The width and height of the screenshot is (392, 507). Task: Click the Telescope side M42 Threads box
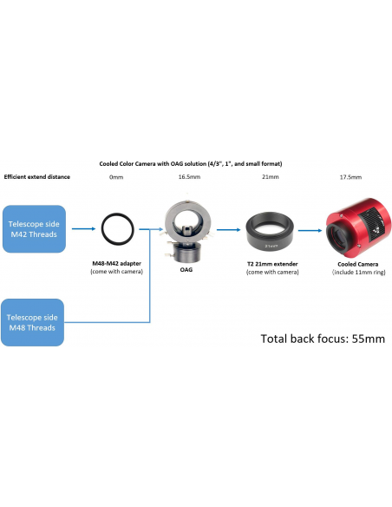[x=34, y=229]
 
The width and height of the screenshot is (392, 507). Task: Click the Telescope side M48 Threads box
[x=32, y=322]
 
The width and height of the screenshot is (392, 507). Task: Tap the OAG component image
[x=186, y=228]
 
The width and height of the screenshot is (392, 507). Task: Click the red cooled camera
[x=358, y=227]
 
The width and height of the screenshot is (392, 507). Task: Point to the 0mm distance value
[x=116, y=177]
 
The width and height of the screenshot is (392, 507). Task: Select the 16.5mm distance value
[x=189, y=177]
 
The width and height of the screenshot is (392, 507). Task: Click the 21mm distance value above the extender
[x=271, y=177]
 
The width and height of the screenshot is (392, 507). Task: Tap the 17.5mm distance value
[x=350, y=177]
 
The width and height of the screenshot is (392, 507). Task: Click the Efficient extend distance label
[x=36, y=177]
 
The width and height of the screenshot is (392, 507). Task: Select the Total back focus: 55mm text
[x=323, y=339]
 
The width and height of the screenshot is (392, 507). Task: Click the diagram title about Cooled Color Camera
[x=191, y=163]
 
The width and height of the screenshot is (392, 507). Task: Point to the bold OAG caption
[x=186, y=269]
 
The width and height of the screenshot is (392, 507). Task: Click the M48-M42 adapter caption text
[x=116, y=267]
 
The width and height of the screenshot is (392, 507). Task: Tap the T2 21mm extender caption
[x=272, y=268]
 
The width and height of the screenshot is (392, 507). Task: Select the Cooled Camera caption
[x=358, y=268]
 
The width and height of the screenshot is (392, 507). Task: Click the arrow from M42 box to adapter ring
[x=83, y=229]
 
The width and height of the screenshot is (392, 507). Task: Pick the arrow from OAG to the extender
[x=229, y=230]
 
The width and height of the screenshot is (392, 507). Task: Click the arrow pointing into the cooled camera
[x=310, y=231]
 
